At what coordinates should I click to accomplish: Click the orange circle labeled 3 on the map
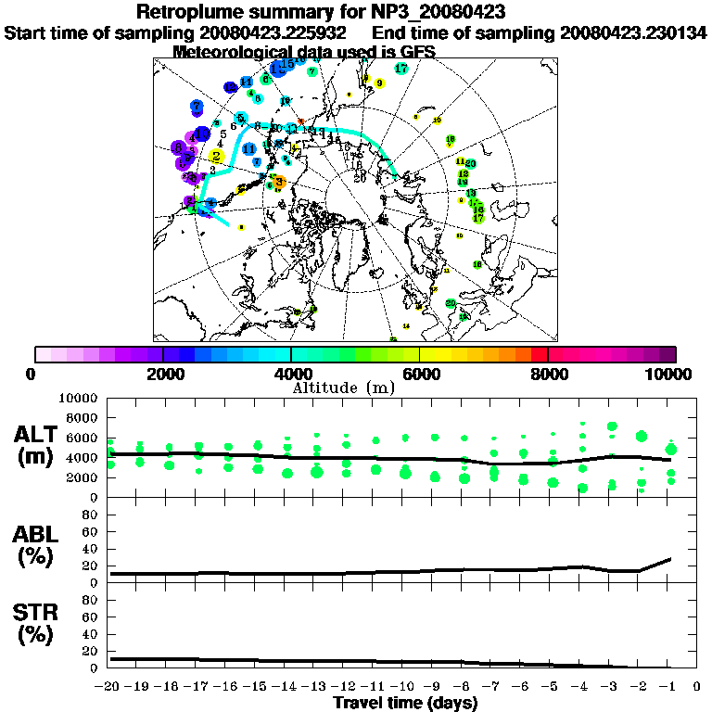tap(279, 183)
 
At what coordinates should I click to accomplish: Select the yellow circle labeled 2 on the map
tap(216, 157)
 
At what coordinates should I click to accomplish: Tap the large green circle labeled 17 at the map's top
tap(401, 69)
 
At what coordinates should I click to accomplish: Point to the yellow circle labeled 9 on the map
tap(379, 83)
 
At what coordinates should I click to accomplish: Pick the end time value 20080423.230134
tap(633, 33)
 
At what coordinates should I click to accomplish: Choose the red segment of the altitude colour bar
tap(540, 354)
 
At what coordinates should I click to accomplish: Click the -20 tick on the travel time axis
tap(108, 687)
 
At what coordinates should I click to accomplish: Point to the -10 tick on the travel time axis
tap(403, 687)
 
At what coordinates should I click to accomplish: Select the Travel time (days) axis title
tap(405, 703)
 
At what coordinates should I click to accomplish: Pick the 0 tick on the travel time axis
tap(697, 687)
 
